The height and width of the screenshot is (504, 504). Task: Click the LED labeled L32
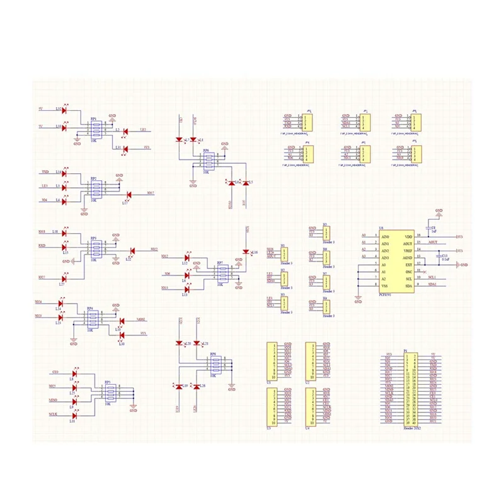[64, 110]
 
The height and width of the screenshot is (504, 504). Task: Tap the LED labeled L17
[129, 195]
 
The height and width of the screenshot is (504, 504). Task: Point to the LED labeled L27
[64, 277]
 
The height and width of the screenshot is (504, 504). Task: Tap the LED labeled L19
[178, 385]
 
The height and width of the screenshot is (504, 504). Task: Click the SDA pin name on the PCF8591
[409, 285]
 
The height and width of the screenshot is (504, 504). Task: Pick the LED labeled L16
[246, 252]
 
